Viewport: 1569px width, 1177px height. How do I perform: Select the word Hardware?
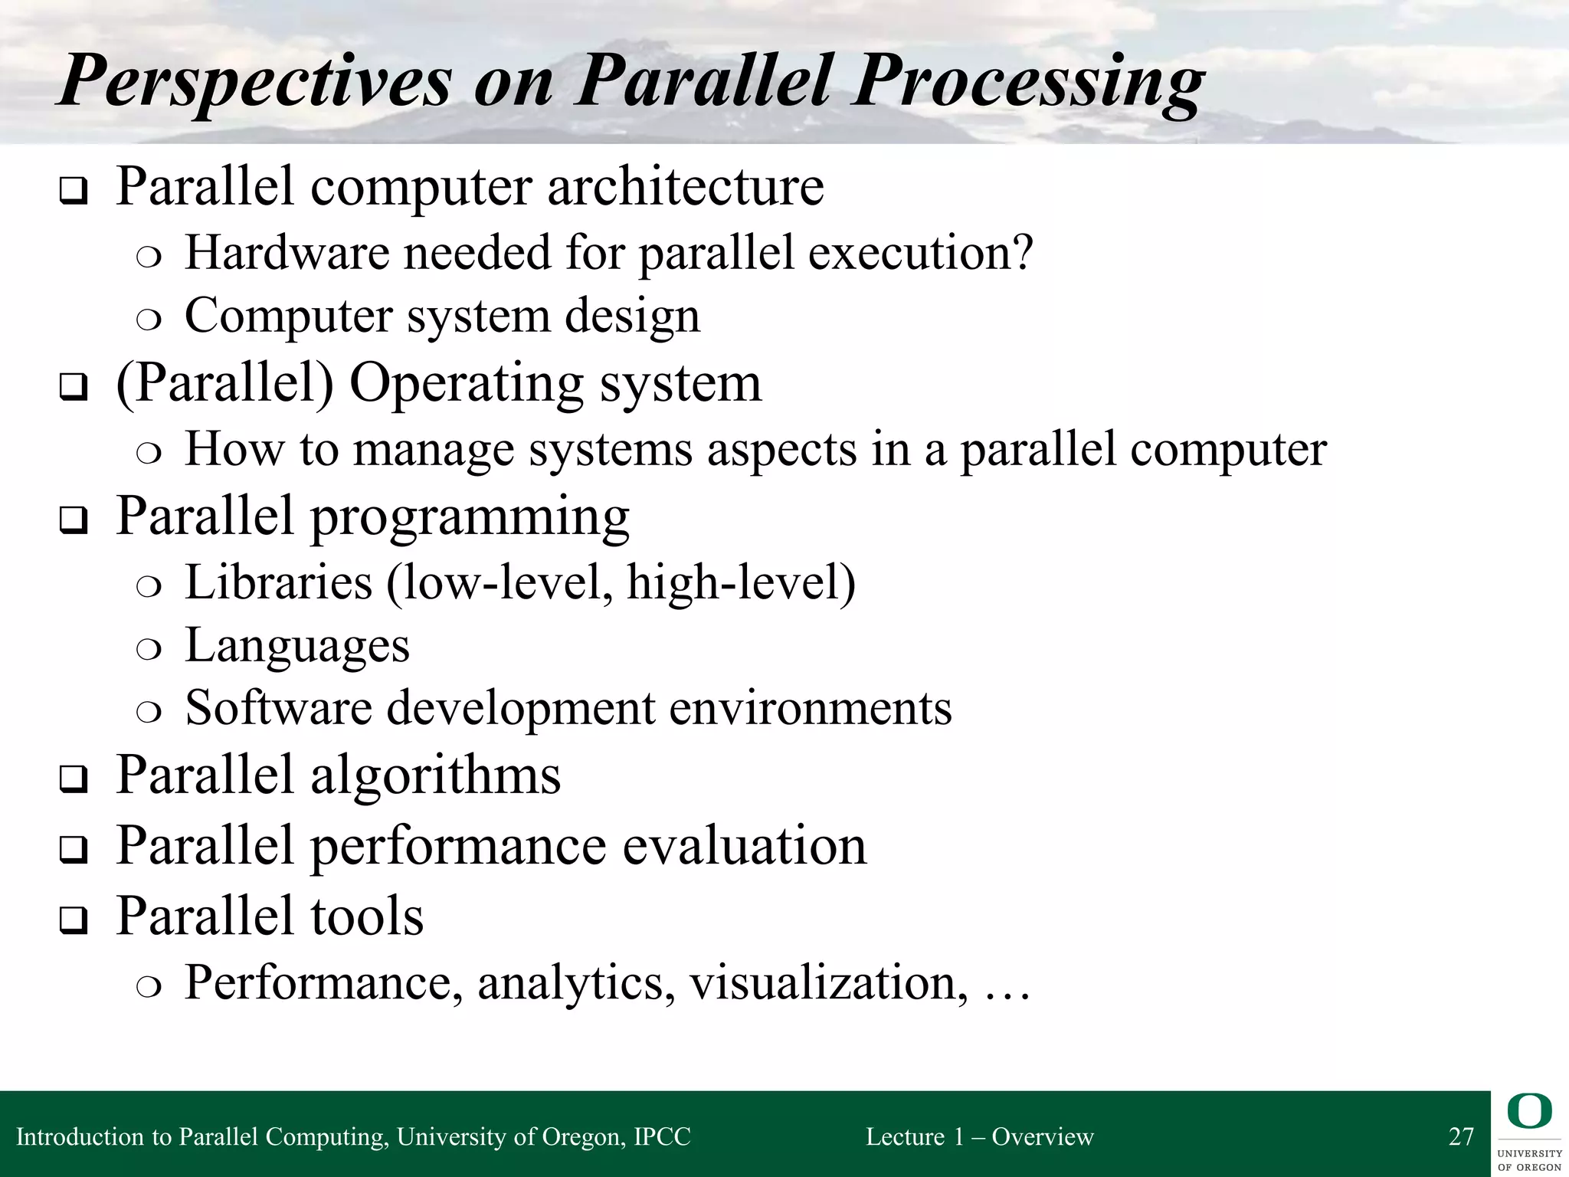(287, 252)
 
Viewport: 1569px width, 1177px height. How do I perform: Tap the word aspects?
(781, 449)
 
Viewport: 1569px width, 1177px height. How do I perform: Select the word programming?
(470, 518)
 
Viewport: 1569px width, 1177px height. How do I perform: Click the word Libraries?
(279, 582)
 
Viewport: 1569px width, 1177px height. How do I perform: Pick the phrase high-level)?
(741, 582)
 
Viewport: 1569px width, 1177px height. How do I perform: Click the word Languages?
(297, 646)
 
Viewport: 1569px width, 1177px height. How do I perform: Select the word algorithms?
(435, 775)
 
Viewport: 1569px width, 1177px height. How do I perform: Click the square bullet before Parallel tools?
(73, 920)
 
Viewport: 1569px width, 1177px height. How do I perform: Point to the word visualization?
(824, 982)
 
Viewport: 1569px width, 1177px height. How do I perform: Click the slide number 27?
(1461, 1136)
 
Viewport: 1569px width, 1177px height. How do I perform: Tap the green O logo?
(1529, 1112)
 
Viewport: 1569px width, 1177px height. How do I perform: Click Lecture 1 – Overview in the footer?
(979, 1136)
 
